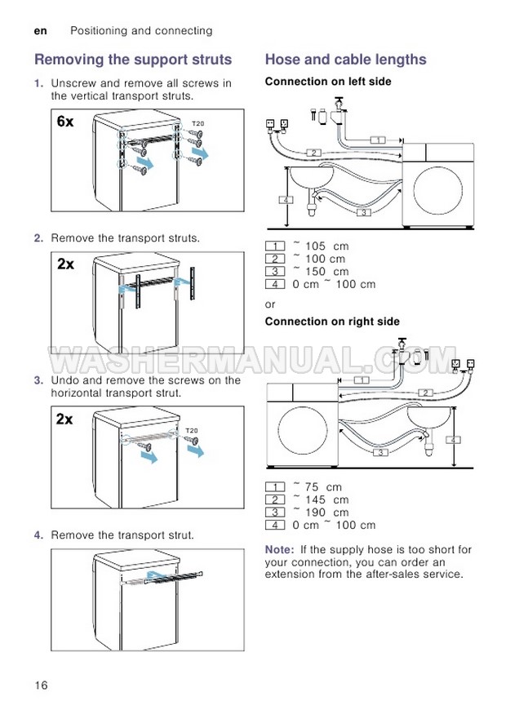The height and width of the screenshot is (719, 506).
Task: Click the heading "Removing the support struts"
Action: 133,60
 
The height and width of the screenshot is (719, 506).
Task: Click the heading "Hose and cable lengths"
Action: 346,60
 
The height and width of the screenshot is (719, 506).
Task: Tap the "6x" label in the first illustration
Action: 66,122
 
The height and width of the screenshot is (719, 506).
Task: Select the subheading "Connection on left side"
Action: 328,82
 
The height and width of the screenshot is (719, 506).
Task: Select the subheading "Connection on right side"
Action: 332,322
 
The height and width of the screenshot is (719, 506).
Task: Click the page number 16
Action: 42,685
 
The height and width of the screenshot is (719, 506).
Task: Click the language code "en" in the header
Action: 41,31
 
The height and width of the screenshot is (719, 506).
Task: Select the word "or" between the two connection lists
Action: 271,304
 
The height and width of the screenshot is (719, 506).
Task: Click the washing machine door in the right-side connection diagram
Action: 299,430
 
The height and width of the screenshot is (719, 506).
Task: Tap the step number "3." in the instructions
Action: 38,380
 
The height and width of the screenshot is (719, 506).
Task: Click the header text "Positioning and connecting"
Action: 141,31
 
